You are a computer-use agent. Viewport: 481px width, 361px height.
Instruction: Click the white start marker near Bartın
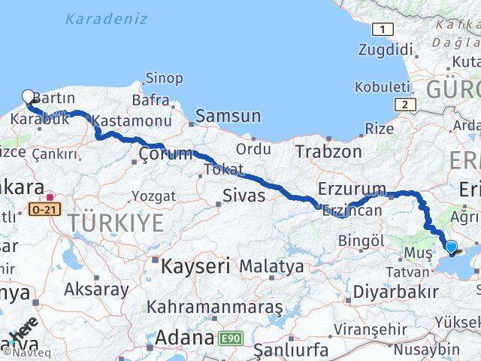click(x=29, y=96)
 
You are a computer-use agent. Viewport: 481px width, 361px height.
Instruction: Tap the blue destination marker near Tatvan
click(x=451, y=246)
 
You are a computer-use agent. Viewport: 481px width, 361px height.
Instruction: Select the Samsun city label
click(x=228, y=117)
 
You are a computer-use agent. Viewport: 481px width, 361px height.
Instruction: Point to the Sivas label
click(x=244, y=196)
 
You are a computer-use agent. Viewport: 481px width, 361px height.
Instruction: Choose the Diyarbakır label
click(x=395, y=292)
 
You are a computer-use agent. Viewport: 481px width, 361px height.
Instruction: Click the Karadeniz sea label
click(x=106, y=19)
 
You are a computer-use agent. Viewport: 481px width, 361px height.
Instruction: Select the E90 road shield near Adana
click(x=231, y=340)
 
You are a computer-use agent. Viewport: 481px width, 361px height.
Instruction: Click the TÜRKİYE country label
click(x=116, y=223)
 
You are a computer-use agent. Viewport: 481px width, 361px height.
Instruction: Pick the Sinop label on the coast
click(x=163, y=78)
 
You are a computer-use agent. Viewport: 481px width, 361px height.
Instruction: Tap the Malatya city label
click(x=271, y=267)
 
